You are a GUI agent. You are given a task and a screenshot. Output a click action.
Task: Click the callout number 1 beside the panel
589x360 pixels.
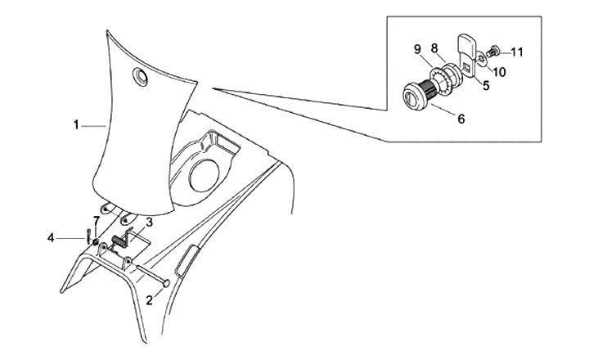[x=75, y=125]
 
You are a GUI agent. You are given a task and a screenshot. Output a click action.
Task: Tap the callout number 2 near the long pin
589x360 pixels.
[x=149, y=300]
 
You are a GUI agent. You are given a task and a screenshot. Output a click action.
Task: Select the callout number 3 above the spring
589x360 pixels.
[x=149, y=222]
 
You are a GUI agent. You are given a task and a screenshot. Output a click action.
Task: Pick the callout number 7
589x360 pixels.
[x=97, y=221]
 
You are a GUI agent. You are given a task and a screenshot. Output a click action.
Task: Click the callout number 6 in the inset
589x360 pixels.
[x=461, y=119]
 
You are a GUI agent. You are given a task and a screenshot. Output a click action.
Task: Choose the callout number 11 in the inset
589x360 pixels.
[x=516, y=52]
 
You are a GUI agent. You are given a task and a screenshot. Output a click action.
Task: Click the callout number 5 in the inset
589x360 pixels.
[x=485, y=83]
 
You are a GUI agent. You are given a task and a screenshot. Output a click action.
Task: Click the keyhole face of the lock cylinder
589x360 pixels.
[x=409, y=97]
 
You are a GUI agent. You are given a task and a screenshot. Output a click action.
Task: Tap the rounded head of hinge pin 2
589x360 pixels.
[x=168, y=284]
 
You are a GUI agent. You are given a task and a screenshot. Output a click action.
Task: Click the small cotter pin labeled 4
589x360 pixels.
[x=86, y=237]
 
